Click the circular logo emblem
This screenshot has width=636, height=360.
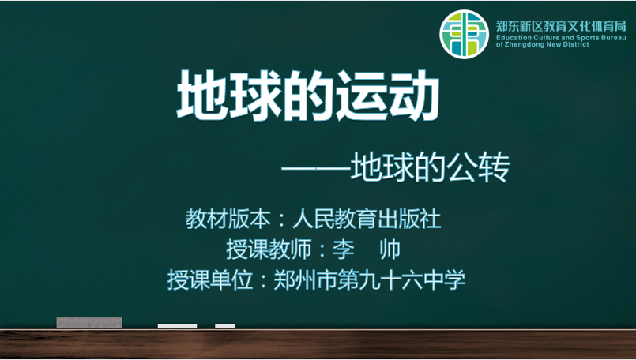pos(464,34)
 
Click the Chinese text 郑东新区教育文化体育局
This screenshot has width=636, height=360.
pos(561,26)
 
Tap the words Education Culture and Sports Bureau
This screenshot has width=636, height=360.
pos(561,38)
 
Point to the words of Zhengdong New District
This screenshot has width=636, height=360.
pos(542,44)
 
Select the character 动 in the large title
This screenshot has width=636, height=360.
pos(414,96)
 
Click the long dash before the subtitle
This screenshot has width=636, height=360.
pos(316,167)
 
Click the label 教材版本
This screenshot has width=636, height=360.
pos(228,219)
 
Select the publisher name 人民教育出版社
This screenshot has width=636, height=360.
pos(367,219)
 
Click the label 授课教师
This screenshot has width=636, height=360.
pos(269,249)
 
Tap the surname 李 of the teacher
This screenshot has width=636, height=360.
pos(343,249)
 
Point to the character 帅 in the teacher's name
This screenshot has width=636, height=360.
pos(390,249)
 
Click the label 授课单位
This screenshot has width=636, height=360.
pos(210,279)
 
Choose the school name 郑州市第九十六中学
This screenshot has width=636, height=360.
pos(370,279)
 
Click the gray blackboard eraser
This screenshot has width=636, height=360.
pos(89,323)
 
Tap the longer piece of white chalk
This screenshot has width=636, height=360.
pos(177,326)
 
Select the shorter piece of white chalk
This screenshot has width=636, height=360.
pos(225,326)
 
